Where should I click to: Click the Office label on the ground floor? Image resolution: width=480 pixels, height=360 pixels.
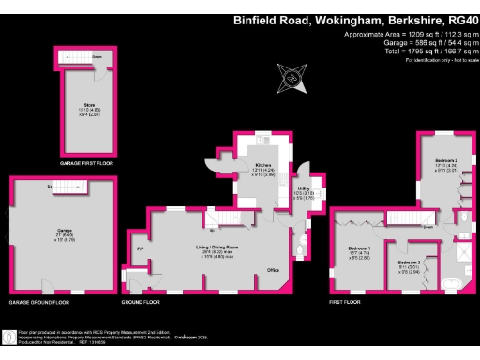pos(273,270)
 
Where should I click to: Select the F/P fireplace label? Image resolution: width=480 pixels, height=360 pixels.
pos(141,250)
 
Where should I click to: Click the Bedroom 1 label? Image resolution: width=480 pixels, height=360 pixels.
pos(360,248)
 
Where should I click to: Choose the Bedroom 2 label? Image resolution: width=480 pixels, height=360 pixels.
pos(446,160)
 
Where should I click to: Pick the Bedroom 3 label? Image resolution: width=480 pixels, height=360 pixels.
pos(406,262)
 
